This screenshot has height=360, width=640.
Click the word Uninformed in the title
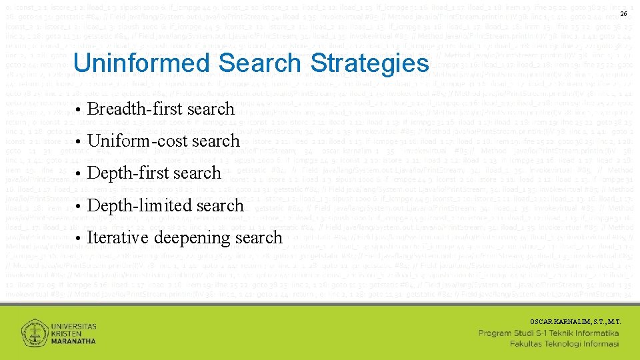click(x=141, y=63)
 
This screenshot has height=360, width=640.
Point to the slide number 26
click(x=624, y=14)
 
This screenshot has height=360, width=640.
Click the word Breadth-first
click(x=127, y=109)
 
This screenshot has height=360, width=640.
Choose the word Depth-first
click(x=121, y=173)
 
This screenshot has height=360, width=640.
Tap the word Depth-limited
click(x=132, y=205)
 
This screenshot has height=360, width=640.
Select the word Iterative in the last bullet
click(x=118, y=237)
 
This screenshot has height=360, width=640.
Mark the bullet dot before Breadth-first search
click(x=78, y=110)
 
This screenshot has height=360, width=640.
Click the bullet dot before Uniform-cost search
click(x=78, y=142)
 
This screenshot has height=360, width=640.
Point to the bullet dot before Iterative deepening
click(x=78, y=239)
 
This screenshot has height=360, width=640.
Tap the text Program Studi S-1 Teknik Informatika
click(x=549, y=333)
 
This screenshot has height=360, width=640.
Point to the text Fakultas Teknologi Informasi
click(x=565, y=344)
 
